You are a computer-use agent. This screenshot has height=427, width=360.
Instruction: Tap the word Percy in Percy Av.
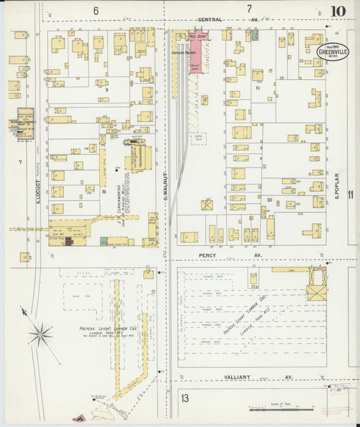207,255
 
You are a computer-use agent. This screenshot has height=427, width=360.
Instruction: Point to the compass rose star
42,333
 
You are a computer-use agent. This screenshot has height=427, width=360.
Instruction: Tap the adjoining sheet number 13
184,398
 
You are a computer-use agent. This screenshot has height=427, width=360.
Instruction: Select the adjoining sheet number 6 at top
96,10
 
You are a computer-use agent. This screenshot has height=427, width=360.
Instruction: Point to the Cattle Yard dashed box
199,138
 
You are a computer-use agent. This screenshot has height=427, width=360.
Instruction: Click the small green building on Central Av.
255,34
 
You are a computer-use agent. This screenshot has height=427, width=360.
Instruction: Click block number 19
104,192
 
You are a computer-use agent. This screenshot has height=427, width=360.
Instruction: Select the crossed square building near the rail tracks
207,205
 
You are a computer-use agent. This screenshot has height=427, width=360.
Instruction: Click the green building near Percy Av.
104,241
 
